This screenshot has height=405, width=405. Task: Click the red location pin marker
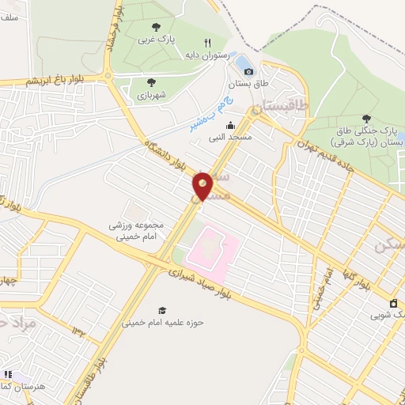(203, 185)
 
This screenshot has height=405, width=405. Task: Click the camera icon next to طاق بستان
(249, 72)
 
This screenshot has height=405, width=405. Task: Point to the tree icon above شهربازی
(150, 81)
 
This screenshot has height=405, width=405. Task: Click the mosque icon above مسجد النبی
(230, 125)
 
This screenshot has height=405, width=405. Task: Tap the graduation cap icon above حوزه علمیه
(162, 310)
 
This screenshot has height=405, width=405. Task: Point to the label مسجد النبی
(229, 137)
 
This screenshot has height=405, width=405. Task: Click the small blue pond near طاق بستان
(244, 61)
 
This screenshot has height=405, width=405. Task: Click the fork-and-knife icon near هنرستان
(8, 374)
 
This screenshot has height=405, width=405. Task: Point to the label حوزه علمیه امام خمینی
(163, 322)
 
